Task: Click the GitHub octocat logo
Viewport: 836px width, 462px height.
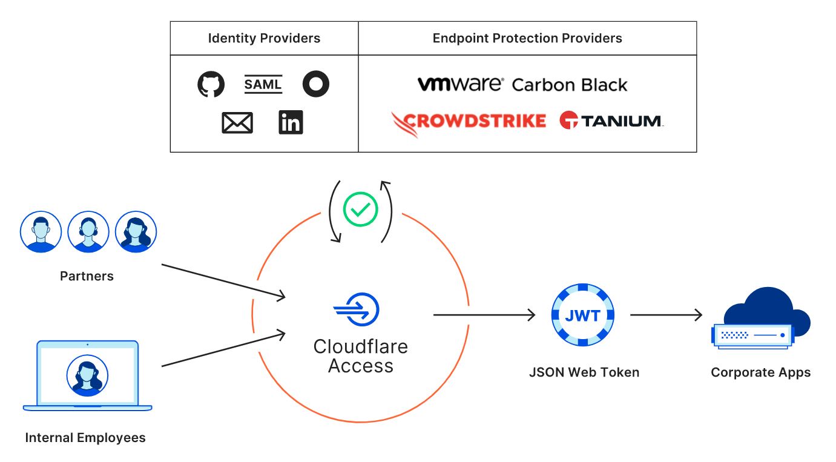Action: [211, 84]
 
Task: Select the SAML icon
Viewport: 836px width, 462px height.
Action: [263, 84]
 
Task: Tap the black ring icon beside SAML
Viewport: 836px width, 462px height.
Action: [315, 84]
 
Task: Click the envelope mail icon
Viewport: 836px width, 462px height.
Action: [237, 123]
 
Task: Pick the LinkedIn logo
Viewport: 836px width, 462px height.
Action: [291, 123]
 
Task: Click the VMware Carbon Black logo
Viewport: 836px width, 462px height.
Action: [522, 84]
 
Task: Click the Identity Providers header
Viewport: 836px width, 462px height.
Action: [264, 38]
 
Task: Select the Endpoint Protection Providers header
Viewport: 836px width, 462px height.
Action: [527, 38]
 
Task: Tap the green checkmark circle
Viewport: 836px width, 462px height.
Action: [360, 210]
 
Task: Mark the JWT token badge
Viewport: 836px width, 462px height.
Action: [583, 315]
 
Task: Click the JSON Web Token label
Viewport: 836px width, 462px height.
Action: [584, 372]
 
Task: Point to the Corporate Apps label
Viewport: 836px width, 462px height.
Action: [760, 372]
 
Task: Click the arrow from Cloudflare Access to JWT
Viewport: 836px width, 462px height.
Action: [484, 315]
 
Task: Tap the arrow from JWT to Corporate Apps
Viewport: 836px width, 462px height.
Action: [666, 315]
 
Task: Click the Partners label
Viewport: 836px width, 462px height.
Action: [87, 276]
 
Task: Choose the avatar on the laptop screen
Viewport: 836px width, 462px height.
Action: [87, 375]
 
